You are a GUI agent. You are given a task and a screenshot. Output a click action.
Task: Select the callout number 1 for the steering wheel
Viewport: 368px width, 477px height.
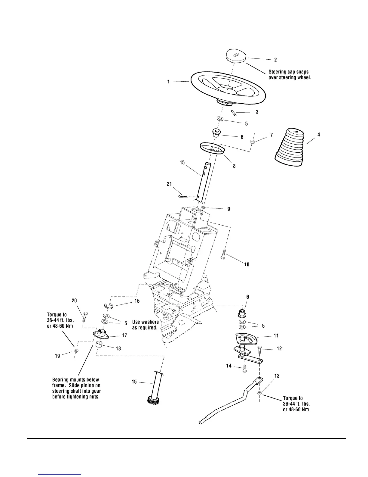[x=169, y=82]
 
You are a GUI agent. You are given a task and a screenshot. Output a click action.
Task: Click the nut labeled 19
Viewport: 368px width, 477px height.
[x=76, y=351]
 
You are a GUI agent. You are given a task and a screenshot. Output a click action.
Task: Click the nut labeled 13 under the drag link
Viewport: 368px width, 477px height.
[x=259, y=394]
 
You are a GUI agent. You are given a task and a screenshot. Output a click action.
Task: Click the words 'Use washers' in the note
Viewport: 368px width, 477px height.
[x=146, y=322]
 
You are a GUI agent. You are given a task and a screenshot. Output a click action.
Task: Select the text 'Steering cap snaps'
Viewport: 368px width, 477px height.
[x=288, y=72]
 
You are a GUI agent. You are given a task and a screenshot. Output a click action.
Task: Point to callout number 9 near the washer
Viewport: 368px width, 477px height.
[x=228, y=209]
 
